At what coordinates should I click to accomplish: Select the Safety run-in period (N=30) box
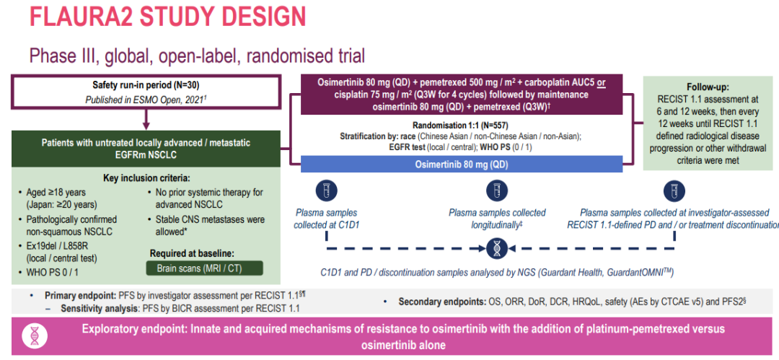[x=146, y=91]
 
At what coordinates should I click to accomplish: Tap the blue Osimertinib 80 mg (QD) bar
[x=460, y=164]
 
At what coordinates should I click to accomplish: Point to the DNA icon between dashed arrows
[x=496, y=248]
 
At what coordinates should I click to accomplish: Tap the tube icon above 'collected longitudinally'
[x=496, y=190]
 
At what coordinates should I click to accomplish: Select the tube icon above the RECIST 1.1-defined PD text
[x=673, y=190]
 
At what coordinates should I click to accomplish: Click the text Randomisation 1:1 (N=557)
[x=459, y=125]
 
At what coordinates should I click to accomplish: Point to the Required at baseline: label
[x=193, y=253]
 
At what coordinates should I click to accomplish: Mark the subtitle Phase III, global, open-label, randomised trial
[x=197, y=55]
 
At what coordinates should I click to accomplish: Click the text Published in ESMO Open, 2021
[x=145, y=100]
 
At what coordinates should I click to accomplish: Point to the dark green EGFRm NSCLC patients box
[x=146, y=148]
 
